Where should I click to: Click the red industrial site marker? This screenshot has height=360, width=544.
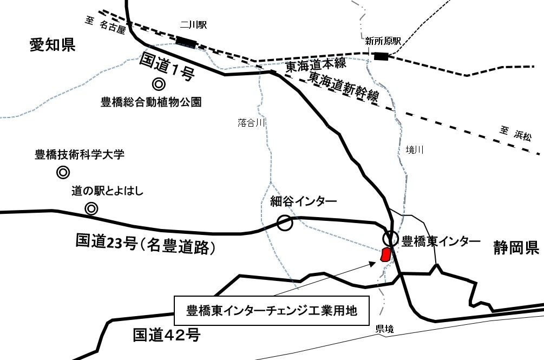point(386,254)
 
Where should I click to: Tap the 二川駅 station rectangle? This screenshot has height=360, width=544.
point(186,41)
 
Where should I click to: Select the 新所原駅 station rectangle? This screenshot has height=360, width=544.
point(381,55)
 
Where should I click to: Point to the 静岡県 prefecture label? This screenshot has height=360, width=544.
point(516,248)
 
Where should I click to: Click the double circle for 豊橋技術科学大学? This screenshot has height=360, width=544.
point(63,173)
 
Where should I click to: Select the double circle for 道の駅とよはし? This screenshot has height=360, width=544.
point(91,208)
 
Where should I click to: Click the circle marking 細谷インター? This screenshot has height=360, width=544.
point(285,222)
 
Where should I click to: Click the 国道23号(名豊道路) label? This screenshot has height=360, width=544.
point(146,244)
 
